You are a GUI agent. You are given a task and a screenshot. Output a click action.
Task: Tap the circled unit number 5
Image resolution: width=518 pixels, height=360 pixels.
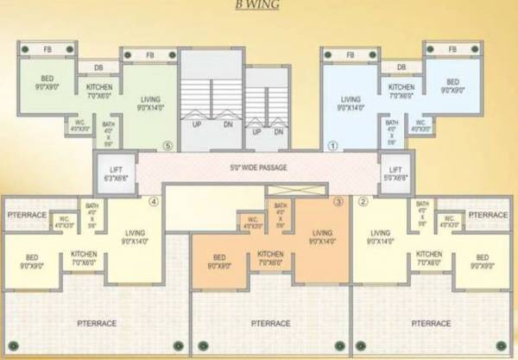pyautogui.click(x=167, y=145)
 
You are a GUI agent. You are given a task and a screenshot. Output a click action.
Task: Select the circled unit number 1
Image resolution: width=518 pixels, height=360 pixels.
pyautogui.click(x=331, y=145)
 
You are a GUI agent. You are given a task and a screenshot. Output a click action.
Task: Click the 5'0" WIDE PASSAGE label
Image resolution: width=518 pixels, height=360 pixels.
pyautogui.click(x=259, y=167)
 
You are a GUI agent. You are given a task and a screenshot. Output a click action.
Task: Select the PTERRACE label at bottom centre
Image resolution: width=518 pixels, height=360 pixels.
pyautogui.click(x=268, y=323)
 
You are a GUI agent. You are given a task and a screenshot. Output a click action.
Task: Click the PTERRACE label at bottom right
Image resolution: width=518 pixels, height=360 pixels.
pyautogui.click(x=431, y=323)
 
